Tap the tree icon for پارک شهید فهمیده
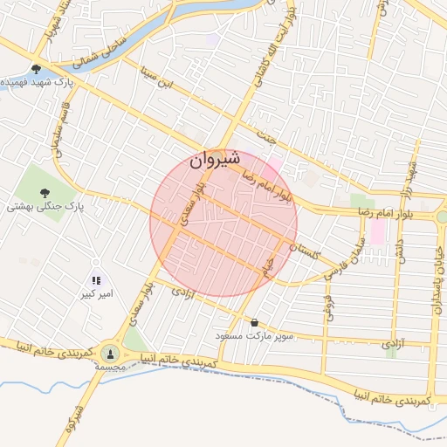(36, 69)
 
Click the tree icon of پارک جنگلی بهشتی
(45, 192)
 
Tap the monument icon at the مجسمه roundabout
(110, 353)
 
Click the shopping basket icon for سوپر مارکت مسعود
(254, 322)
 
